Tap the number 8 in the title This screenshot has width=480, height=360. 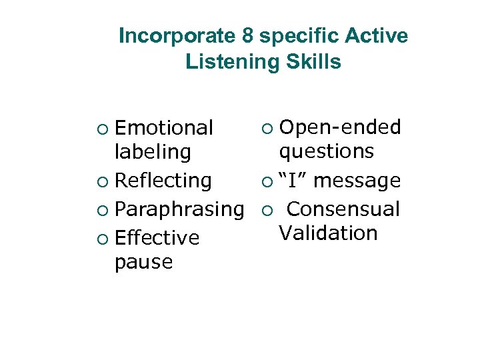[245, 36]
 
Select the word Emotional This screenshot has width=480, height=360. [163, 127]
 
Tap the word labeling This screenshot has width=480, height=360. [152, 152]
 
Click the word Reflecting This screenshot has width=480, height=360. [163, 181]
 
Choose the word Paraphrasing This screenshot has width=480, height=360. [179, 209]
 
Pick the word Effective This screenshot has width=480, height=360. [157, 238]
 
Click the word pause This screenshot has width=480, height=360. [143, 262]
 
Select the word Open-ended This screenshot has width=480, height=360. [339, 127]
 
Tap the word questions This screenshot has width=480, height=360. [326, 151]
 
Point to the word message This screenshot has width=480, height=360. [357, 181]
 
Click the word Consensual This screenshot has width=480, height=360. [343, 209]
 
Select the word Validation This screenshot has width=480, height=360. [328, 233]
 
